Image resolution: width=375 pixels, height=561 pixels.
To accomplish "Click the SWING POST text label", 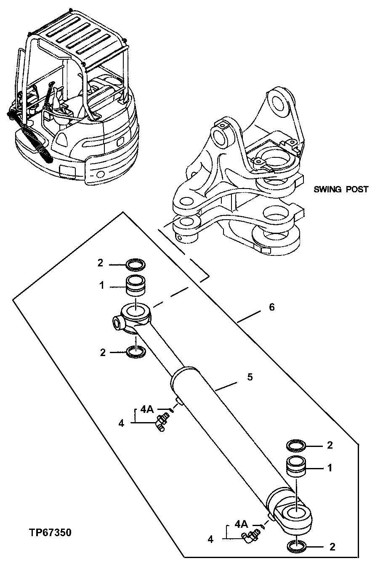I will (x=341, y=189).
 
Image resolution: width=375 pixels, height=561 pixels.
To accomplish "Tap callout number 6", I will (x=272, y=307).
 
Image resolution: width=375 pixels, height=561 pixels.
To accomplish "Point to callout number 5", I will (x=250, y=377).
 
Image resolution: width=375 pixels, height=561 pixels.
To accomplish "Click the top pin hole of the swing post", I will (x=279, y=102).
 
